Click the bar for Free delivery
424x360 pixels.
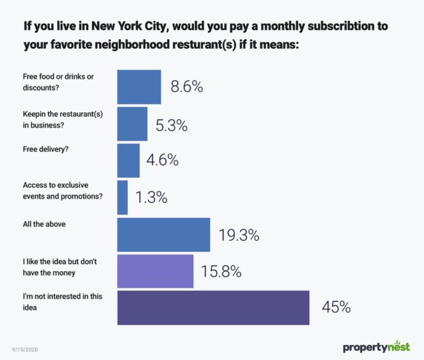click(x=128, y=161)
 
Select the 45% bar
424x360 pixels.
click(x=213, y=308)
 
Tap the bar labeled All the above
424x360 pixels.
click(x=164, y=235)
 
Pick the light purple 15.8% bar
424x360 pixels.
click(x=155, y=271)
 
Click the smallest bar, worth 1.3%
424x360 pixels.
click(x=122, y=197)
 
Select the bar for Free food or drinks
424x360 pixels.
click(x=139, y=87)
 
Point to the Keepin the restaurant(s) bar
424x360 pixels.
click(x=132, y=124)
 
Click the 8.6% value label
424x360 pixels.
click(x=186, y=87)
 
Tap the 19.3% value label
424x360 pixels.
click(x=239, y=235)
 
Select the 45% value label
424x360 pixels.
click(x=336, y=307)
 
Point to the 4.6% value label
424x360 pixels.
click(x=162, y=161)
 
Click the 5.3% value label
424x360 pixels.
click(x=171, y=125)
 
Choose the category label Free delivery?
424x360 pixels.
click(x=45, y=150)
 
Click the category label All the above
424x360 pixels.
click(x=44, y=224)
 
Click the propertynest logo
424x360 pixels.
click(x=376, y=347)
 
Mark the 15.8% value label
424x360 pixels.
click(x=221, y=272)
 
